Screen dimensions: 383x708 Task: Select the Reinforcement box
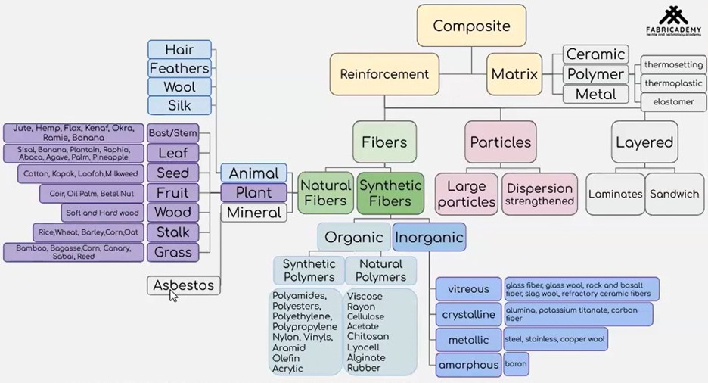click(x=384, y=74)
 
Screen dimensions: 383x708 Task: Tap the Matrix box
click(x=514, y=74)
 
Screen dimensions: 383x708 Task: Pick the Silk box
click(x=179, y=105)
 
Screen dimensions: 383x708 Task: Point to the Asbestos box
click(x=184, y=285)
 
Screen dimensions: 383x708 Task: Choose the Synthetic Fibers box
click(x=390, y=193)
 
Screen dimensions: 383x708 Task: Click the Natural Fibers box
click(x=325, y=193)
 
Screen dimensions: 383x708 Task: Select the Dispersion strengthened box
click(x=539, y=194)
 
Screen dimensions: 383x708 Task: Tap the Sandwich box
click(x=675, y=194)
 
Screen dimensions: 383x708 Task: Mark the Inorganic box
click(x=429, y=238)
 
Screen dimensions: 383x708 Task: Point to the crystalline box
click(x=468, y=314)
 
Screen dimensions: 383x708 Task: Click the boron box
click(x=516, y=364)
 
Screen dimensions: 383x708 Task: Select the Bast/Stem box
click(x=173, y=133)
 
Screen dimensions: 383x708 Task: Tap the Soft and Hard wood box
click(x=103, y=213)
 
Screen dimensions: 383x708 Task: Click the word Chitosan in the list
click(x=368, y=336)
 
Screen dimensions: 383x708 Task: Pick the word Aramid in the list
click(x=288, y=347)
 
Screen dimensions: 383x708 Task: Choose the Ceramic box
click(x=596, y=54)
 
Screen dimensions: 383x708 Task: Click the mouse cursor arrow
click(x=173, y=294)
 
